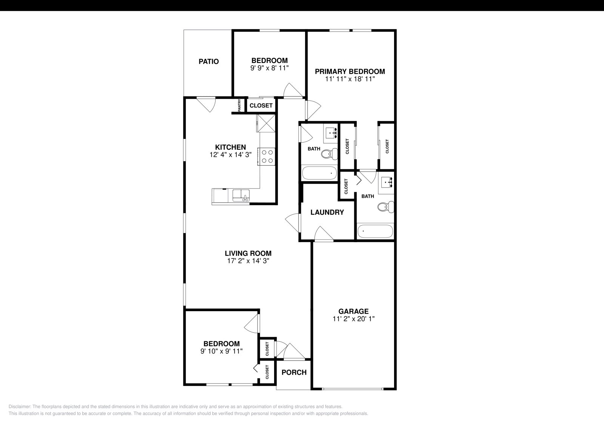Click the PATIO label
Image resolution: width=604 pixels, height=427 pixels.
pos(208,61)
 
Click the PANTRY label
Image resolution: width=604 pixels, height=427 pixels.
pos(239,105)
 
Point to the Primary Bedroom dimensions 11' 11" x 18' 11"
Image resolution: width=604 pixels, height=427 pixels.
pos(350,79)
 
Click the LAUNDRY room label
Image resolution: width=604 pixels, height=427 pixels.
pos(327,212)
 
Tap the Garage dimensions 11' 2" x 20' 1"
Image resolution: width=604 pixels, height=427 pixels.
pos(353,319)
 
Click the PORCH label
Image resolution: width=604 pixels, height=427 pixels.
pos(294,373)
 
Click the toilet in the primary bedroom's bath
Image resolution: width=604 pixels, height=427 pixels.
pos(385,206)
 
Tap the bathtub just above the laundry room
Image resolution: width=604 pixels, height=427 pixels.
pos(319,173)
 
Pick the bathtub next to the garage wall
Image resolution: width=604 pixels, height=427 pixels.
pos(375,231)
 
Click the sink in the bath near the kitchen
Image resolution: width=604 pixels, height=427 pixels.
pos(331,133)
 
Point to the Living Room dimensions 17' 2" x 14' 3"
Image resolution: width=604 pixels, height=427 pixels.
pos(248,261)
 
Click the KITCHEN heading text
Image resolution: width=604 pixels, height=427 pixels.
pos(230,147)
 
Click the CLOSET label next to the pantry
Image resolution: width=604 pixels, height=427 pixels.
pos(261,106)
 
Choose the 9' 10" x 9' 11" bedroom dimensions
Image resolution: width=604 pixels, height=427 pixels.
pos(221,351)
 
